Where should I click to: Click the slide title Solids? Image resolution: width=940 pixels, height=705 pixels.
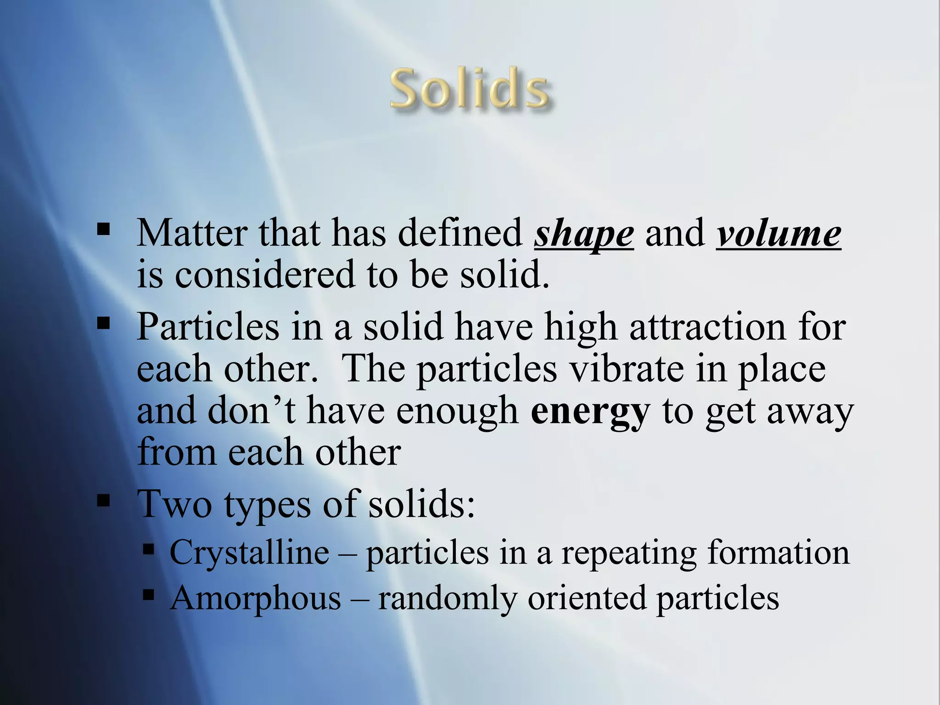coord(470,89)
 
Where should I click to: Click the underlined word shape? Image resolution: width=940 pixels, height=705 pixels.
coord(584,234)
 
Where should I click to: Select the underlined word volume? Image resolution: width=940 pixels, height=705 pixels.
coord(778,234)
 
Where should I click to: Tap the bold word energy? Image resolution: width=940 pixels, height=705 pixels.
coord(590,411)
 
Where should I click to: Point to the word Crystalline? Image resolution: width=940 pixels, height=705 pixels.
coord(249,552)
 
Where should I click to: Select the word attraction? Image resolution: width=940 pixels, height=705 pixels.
coord(707,327)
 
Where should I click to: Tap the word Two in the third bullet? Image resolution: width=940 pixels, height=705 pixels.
coord(174,504)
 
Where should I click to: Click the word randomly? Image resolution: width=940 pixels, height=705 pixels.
coord(447,599)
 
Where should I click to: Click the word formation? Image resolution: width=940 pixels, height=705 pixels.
coord(778,552)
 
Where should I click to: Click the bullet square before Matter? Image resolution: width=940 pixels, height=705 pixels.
coord(104,229)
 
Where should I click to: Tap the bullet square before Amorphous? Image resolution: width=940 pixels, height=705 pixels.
coord(148,595)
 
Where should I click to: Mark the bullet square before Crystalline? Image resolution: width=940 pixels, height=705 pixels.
coord(148,549)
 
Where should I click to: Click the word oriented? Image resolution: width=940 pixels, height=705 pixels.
coord(586,598)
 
